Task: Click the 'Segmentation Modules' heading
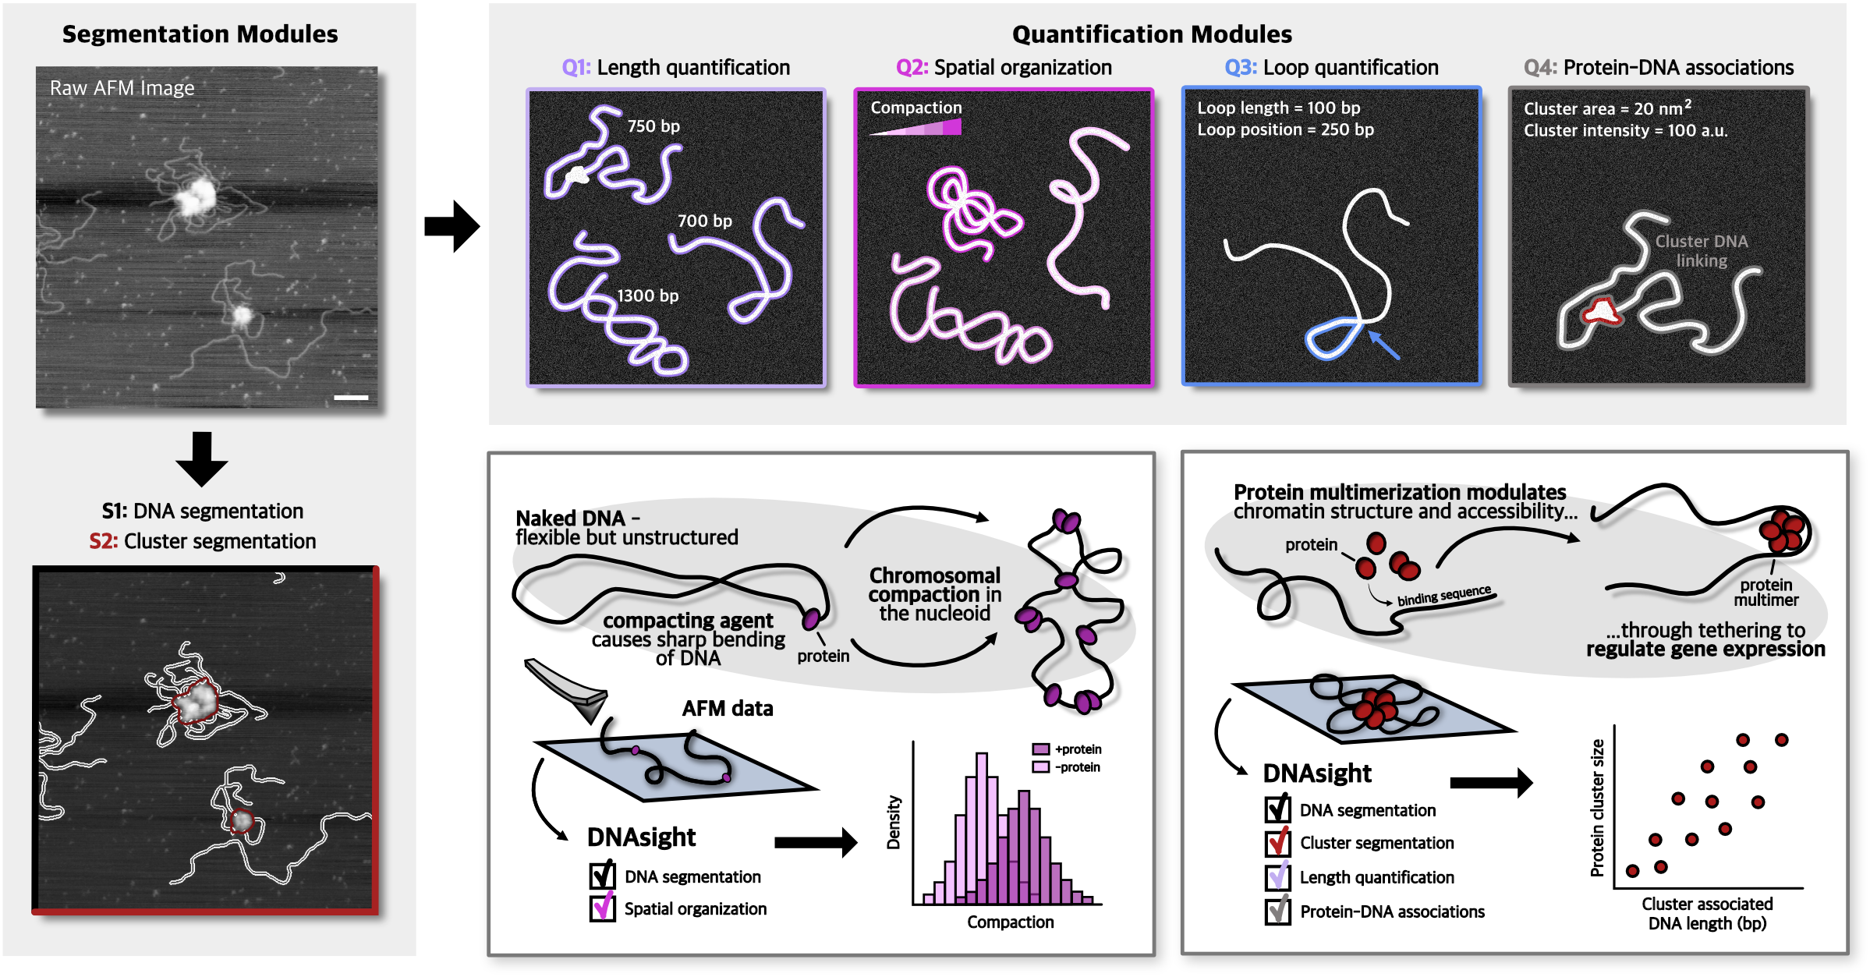tap(200, 34)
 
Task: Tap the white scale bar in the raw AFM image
tap(351, 398)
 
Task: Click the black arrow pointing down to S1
tap(201, 459)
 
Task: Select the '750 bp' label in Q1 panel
tap(653, 126)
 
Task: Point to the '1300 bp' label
tap(648, 296)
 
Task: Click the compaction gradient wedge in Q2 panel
tap(916, 127)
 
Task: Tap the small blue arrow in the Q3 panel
tap(1383, 345)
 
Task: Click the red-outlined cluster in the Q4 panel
tap(1602, 312)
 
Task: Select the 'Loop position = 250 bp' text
tap(1285, 130)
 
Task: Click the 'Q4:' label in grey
tap(1540, 68)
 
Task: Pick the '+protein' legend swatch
tap(1040, 749)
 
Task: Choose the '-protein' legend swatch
tap(1040, 767)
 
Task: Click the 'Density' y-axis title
tap(894, 822)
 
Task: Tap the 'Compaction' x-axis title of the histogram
tap(1010, 922)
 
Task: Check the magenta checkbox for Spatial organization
tap(602, 908)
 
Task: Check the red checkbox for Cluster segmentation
tap(1277, 842)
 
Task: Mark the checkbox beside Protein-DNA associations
tap(1277, 911)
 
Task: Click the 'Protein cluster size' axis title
tap(1597, 808)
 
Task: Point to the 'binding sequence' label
tap(1443, 596)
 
